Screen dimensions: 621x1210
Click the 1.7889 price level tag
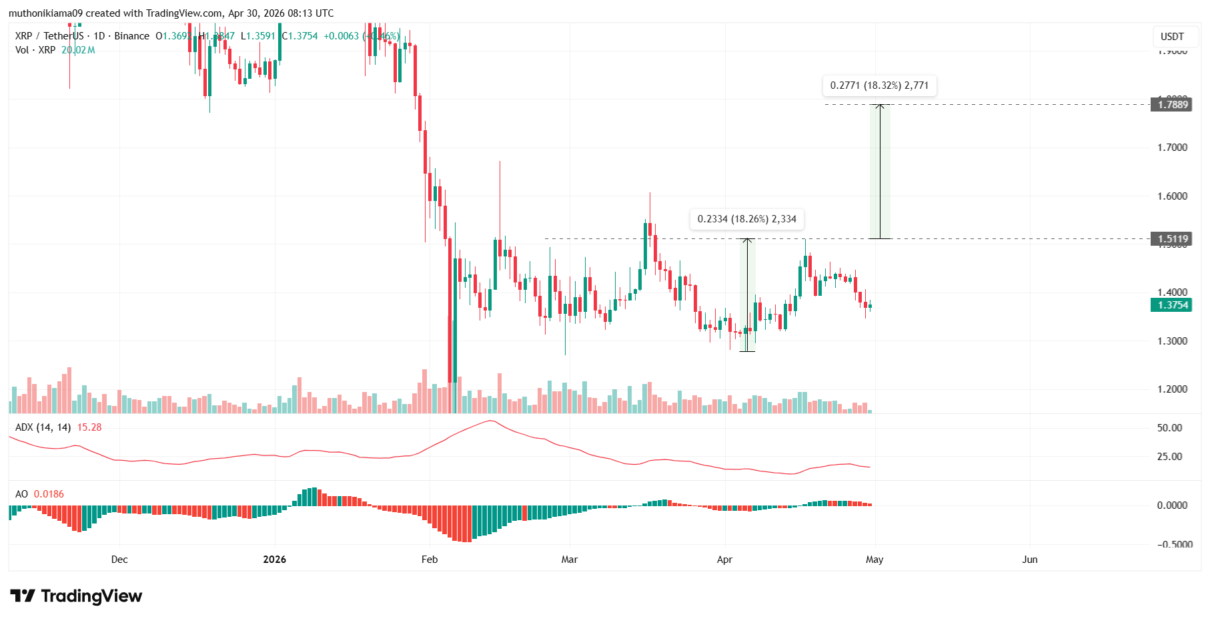pyautogui.click(x=1171, y=104)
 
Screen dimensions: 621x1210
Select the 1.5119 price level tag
pyautogui.click(x=1171, y=239)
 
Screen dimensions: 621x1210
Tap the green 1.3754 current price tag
pyautogui.click(x=1171, y=305)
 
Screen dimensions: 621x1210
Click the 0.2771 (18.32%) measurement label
pyautogui.click(x=879, y=85)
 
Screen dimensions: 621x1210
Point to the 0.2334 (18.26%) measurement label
pyautogui.click(x=746, y=219)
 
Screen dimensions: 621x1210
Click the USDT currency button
pyautogui.click(x=1172, y=37)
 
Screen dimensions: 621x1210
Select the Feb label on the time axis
pyautogui.click(x=430, y=560)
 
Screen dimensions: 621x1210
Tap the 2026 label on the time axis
pyautogui.click(x=274, y=560)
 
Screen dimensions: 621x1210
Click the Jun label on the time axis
pyautogui.click(x=1029, y=560)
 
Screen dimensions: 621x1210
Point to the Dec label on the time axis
pyautogui.click(x=119, y=560)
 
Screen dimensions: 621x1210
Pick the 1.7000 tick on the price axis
pyautogui.click(x=1172, y=148)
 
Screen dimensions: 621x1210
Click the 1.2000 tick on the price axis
pyautogui.click(x=1172, y=389)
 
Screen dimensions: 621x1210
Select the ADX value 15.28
pyautogui.click(x=89, y=427)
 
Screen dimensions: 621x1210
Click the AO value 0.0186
pyautogui.click(x=49, y=494)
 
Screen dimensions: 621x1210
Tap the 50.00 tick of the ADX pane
pyautogui.click(x=1169, y=428)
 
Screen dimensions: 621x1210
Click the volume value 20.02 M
pyautogui.click(x=78, y=50)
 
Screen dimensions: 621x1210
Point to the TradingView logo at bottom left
pyautogui.click(x=76, y=596)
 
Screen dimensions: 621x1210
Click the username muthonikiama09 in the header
pyautogui.click(x=45, y=13)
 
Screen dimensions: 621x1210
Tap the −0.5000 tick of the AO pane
pyautogui.click(x=1170, y=544)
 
